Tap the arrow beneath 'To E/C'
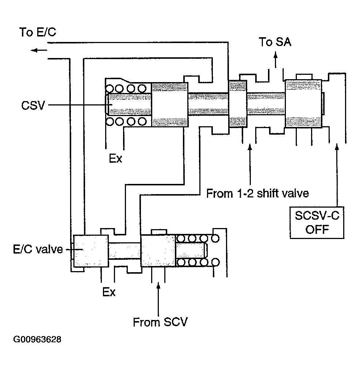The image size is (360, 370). coord(38,50)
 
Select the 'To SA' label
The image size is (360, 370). coord(275,42)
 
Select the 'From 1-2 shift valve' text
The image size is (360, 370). coord(257,193)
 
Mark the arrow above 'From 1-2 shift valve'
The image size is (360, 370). coord(250,164)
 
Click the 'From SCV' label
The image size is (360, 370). coord(160,322)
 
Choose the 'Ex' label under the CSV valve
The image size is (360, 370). coord(116,159)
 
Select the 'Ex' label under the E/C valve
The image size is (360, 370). coord(109,292)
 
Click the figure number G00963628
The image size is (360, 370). coord(37,340)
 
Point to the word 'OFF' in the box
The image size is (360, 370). coord(317,230)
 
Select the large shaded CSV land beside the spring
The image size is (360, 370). coord(169,105)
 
